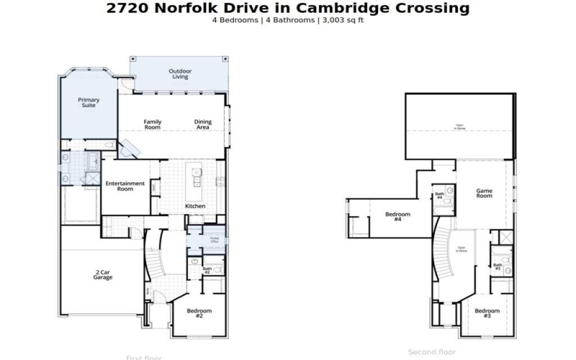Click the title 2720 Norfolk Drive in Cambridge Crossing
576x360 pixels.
[288, 8]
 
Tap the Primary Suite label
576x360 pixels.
[89, 102]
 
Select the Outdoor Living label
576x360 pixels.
[179, 73]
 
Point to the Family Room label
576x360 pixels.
[152, 124]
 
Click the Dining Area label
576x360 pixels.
[203, 124]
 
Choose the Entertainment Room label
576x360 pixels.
[125, 186]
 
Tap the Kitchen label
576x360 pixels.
[195, 206]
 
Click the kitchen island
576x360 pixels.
[195, 182]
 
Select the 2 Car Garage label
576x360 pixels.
[102, 274]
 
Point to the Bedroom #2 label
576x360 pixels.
[199, 313]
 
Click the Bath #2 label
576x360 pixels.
[206, 270]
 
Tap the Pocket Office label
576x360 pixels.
[214, 239]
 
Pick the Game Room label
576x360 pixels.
[484, 193]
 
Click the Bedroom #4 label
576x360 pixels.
[397, 216]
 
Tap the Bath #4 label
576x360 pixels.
[439, 195]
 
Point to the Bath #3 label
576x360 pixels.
[498, 266]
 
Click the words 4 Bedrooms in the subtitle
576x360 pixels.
[235, 19]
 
